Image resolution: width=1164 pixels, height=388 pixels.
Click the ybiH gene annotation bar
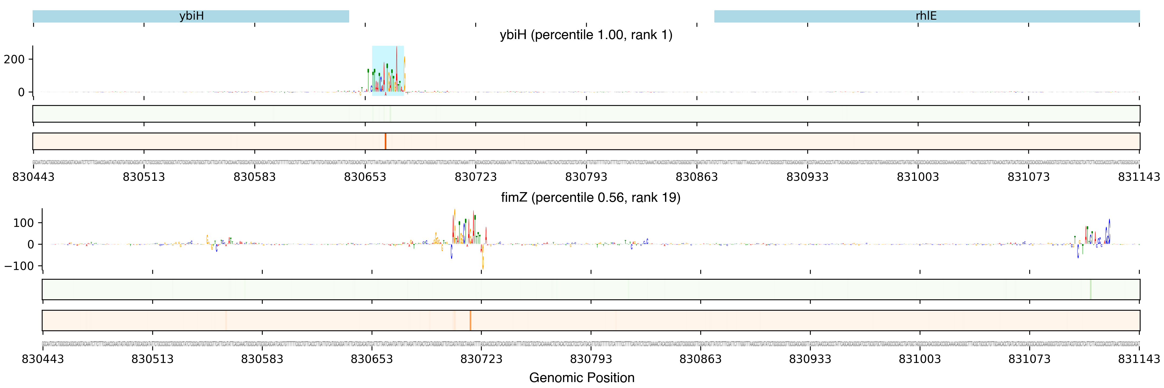(191, 16)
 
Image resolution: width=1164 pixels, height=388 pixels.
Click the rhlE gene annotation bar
(926, 16)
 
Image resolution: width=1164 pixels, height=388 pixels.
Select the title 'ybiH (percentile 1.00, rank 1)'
(586, 35)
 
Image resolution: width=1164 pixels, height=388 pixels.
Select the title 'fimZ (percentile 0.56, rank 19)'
(590, 198)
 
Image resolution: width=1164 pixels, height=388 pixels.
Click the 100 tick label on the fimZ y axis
(23, 223)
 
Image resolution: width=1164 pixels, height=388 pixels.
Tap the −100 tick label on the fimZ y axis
(19, 266)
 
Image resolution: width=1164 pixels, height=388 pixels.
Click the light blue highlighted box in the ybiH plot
(388, 71)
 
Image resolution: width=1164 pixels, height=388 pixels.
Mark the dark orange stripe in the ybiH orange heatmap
(385, 141)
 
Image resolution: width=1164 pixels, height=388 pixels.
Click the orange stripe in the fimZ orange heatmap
(470, 320)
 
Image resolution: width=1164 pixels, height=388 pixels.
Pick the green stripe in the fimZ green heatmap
(1090, 289)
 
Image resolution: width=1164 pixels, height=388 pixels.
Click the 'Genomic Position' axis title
(581, 377)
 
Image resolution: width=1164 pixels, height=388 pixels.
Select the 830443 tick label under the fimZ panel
(43, 359)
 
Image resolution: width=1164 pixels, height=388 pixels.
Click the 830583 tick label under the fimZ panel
(262, 359)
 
